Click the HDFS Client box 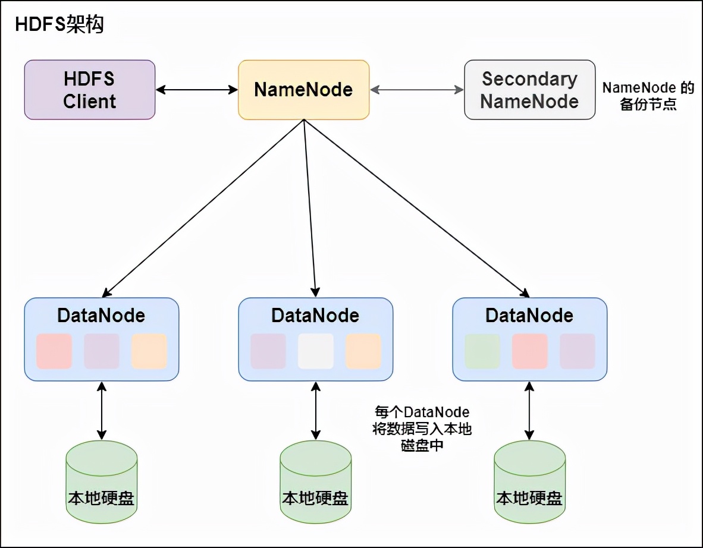point(90,90)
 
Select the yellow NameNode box point(303,90)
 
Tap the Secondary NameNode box point(529,90)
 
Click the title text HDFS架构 point(59,25)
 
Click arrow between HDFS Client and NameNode point(196,90)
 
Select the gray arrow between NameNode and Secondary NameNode point(416,90)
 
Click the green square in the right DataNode point(482,351)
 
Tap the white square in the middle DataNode point(316,351)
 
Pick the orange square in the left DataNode point(149,351)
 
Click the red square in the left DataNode point(54,351)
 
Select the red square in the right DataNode point(530,351)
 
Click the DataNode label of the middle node point(315,316)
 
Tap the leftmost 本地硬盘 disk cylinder point(102,483)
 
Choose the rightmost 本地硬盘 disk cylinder point(529,483)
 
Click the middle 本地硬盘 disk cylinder point(316,483)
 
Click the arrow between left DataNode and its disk point(102,411)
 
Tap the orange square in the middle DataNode point(363,351)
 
